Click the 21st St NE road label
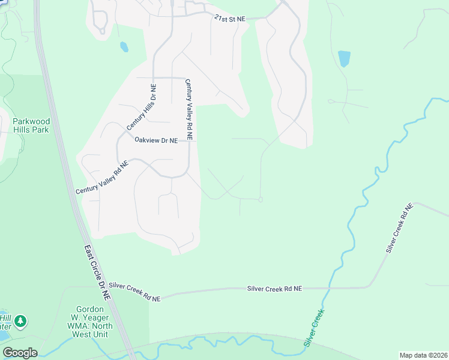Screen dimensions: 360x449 pos(231,19)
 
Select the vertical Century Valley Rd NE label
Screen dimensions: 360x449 pos(189,109)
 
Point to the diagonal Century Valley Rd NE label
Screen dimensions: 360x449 pos(102,177)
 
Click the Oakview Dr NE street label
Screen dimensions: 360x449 pos(156,140)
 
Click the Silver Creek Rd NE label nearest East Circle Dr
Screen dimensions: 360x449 pos(136,292)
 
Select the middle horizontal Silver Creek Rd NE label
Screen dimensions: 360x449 pos(274,289)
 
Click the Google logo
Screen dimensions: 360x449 pos(20,353)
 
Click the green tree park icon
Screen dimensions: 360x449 pos(21,322)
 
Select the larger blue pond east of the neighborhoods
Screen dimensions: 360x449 pos(344,58)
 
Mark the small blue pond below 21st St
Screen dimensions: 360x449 pos(124,46)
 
